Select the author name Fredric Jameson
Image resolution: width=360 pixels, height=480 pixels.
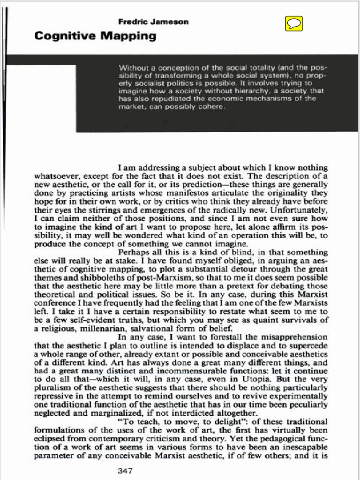coord(153,22)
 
